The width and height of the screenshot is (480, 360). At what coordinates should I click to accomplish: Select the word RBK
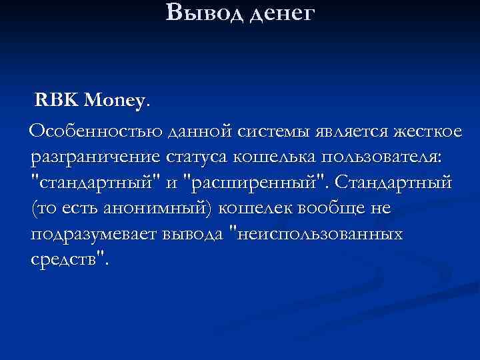point(57,101)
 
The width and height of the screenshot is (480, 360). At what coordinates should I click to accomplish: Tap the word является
point(348,133)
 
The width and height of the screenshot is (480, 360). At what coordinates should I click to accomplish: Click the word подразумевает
point(94,235)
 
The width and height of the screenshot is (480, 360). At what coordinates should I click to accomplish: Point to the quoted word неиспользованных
point(316,234)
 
